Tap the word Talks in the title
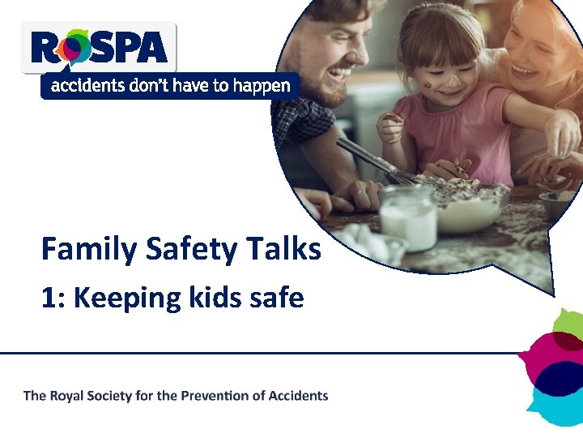287,248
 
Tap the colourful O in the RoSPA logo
76,49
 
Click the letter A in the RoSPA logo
151,48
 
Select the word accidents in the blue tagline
83,86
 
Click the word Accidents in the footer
299,396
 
